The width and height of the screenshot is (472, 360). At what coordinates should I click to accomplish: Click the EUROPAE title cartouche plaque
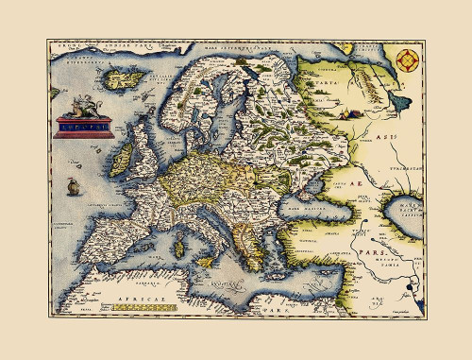(x=84, y=123)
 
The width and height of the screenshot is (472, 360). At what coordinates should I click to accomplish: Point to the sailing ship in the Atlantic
(x=72, y=188)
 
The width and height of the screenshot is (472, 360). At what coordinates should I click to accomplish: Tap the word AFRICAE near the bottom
(x=140, y=308)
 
